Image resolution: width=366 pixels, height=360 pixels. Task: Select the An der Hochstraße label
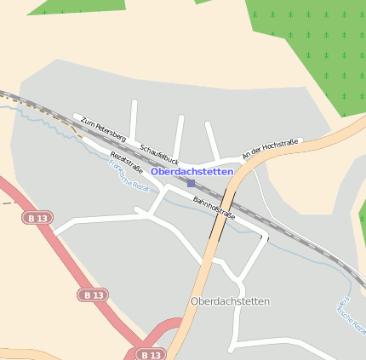pos(270,150)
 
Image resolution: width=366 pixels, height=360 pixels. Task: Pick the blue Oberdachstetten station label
pos(192,171)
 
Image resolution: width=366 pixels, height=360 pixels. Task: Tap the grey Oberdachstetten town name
pos(230,301)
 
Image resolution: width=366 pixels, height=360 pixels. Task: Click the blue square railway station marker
pos(191,183)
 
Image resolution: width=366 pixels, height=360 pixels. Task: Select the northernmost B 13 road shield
pos(37,219)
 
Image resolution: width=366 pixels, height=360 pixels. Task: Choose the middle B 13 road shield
pos(93,294)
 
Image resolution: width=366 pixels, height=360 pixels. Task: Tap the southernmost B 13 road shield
pos(150,354)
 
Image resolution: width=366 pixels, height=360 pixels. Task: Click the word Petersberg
pos(112,133)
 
